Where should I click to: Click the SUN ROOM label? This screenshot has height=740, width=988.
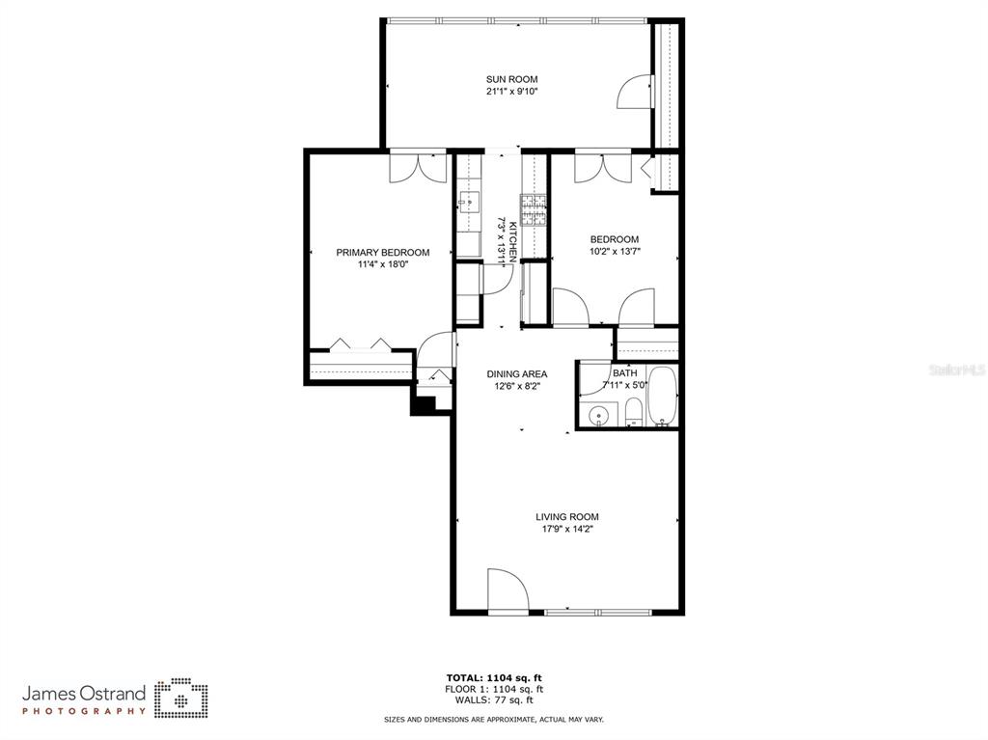click(511, 79)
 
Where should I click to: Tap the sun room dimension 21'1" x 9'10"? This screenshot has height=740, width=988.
click(511, 92)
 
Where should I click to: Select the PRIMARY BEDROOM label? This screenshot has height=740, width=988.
click(383, 252)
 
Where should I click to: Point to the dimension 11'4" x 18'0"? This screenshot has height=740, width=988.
click(383, 264)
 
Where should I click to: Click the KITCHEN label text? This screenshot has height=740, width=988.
click(513, 242)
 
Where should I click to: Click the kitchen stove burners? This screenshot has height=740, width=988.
click(533, 210)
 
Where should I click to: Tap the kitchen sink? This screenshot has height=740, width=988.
click(470, 202)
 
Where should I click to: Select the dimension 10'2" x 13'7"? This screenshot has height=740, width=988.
click(615, 252)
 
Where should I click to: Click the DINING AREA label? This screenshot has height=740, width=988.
click(517, 373)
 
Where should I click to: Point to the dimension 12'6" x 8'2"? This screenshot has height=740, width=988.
click(517, 386)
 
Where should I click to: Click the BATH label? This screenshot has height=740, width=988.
click(624, 373)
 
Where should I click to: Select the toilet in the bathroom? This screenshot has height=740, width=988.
click(633, 413)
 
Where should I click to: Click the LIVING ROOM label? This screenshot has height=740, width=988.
click(567, 517)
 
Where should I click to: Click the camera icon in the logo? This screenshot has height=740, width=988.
click(181, 698)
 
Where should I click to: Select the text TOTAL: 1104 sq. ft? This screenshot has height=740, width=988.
click(494, 678)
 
